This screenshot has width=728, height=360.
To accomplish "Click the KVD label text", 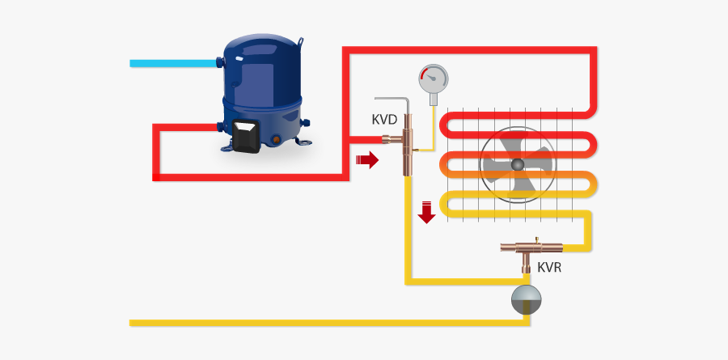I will [384, 120].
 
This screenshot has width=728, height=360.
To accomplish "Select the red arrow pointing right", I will [367, 160].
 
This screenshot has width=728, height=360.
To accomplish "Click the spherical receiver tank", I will [529, 300].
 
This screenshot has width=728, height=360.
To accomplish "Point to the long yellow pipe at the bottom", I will [324, 323].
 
